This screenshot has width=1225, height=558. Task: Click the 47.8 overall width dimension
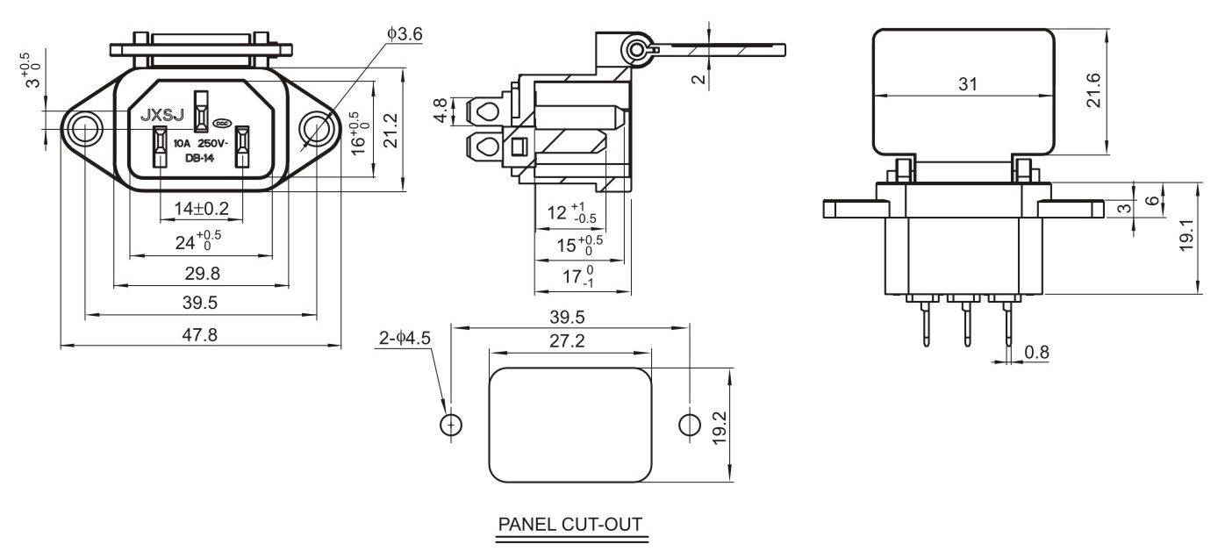[200, 335]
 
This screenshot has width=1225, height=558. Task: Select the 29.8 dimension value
[202, 274]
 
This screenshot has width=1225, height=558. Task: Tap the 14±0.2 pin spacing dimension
[202, 208]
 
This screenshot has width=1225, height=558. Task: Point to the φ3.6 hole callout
[404, 33]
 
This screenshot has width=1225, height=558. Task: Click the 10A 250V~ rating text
[200, 143]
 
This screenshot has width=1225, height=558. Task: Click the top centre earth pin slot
[201, 110]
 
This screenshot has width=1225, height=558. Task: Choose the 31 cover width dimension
[968, 84]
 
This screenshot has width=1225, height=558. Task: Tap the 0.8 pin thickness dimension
[1036, 353]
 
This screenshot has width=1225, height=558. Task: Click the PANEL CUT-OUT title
[570, 525]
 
